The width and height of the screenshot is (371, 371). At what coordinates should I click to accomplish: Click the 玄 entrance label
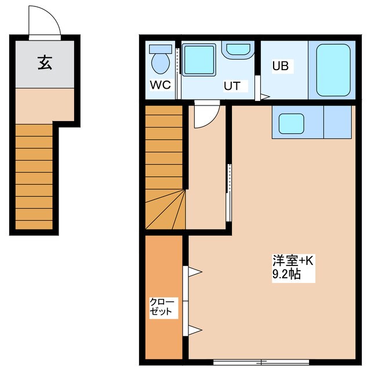[x=45, y=62]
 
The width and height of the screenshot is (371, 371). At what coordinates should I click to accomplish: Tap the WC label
[x=160, y=85]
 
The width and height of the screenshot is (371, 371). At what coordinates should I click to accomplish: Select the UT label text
[x=232, y=86]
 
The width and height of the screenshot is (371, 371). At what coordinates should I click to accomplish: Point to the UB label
[x=281, y=66]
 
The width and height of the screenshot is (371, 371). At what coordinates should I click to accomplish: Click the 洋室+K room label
[x=293, y=261]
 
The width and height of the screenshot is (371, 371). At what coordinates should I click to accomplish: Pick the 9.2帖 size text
[x=286, y=275]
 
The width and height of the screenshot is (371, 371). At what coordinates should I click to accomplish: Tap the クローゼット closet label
[x=161, y=307]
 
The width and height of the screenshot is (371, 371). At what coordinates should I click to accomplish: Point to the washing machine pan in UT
[x=199, y=60]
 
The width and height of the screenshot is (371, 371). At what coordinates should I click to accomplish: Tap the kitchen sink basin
[x=292, y=123]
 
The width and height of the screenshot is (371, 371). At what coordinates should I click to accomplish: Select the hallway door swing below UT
[x=206, y=116]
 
